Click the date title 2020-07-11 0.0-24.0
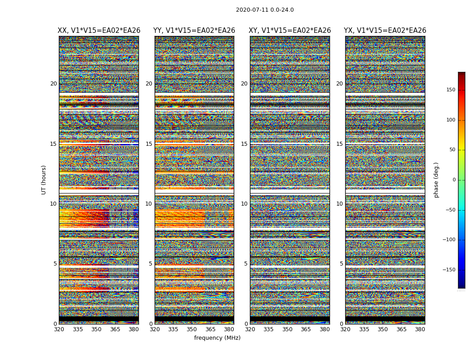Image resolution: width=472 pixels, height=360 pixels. pos(265,10)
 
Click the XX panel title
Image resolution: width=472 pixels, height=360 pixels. pos(99,31)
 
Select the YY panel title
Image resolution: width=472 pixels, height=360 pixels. pos(194,31)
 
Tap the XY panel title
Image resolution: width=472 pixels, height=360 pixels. pos(290,31)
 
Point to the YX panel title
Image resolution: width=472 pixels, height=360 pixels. pos(385,31)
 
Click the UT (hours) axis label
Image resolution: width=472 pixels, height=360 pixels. pos(44,180)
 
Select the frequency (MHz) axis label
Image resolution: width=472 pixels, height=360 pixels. pos(217,338)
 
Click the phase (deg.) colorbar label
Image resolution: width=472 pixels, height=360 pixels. pos(436,180)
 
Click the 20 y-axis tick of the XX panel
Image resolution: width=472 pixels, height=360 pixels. pos(53,84)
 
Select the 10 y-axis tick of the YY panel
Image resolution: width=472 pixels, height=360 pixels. pos(149,204)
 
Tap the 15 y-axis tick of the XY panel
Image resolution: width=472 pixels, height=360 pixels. pos(244,144)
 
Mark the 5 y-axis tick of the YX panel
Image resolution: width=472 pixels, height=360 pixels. pos(341,264)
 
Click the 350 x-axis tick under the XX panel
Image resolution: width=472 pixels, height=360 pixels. pos(96,329)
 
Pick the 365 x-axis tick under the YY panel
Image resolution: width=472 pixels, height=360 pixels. pos(210,329)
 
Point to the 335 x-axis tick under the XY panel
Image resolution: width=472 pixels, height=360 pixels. pos(268,329)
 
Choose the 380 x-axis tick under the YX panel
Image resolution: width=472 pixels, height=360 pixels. pos(420,329)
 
